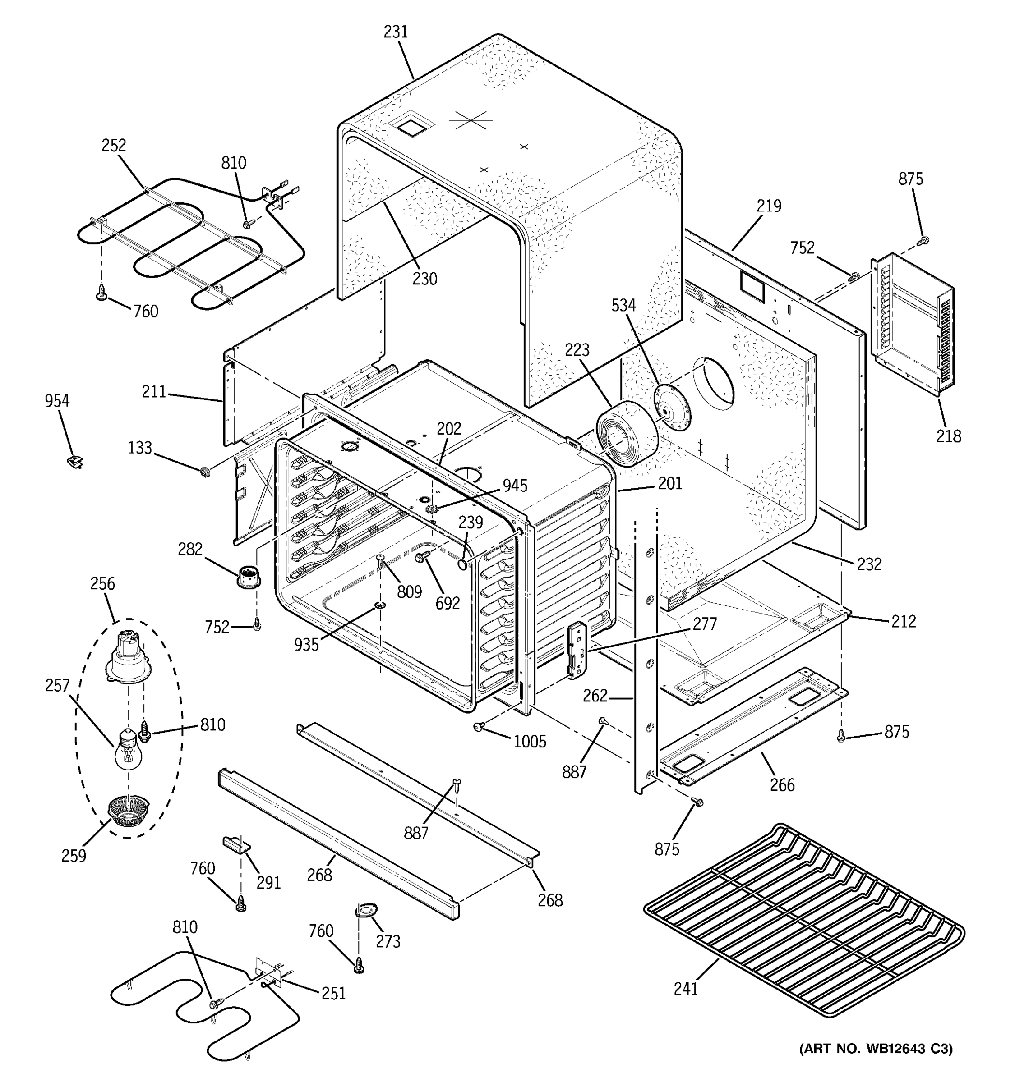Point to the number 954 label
[x=57, y=401]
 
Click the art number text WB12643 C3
[x=876, y=1048]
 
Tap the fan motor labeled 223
[x=626, y=434]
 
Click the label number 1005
[x=529, y=741]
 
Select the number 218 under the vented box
[x=949, y=436]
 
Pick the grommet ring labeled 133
[x=206, y=471]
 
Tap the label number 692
[x=447, y=603]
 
